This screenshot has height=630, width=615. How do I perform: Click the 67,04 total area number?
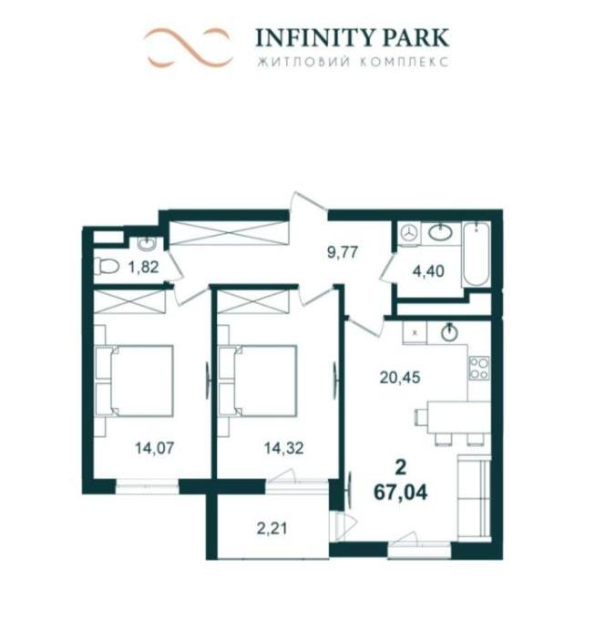pyautogui.click(x=400, y=493)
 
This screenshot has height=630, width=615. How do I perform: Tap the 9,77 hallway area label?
pyautogui.click(x=343, y=253)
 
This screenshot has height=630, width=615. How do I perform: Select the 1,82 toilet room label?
pyautogui.click(x=143, y=267)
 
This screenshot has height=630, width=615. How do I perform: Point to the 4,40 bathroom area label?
pyautogui.click(x=428, y=271)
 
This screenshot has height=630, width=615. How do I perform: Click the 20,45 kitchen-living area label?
pyautogui.click(x=400, y=378)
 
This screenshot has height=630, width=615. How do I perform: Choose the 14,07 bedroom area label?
pyautogui.click(x=155, y=448)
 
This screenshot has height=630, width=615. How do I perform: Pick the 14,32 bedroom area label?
pyautogui.click(x=284, y=448)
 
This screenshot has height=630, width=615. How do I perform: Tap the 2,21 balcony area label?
pyautogui.click(x=272, y=528)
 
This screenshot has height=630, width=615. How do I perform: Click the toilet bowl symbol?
pyautogui.click(x=107, y=267)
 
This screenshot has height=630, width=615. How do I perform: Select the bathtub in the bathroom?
pyautogui.click(x=477, y=255)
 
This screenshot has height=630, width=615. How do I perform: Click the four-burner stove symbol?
pyautogui.click(x=479, y=368)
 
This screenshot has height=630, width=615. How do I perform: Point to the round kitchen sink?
pyautogui.click(x=449, y=332)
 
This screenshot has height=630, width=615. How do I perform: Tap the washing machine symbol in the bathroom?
pyautogui.click(x=410, y=233)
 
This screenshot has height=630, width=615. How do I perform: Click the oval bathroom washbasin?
pyautogui.click(x=440, y=233)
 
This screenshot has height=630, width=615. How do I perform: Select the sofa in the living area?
pyautogui.click(x=474, y=497)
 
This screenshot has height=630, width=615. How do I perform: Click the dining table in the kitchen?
pyautogui.click(x=458, y=417)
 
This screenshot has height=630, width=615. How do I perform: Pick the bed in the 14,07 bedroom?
pyautogui.click(x=134, y=381)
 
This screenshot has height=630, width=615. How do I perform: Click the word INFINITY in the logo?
pyautogui.click(x=309, y=37)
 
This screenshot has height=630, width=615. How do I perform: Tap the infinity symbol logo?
pyautogui.click(x=189, y=47)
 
